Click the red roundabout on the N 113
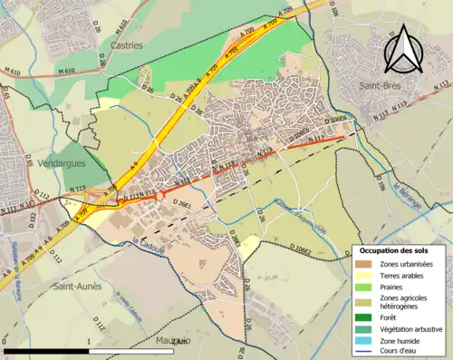[x=160, y=194]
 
